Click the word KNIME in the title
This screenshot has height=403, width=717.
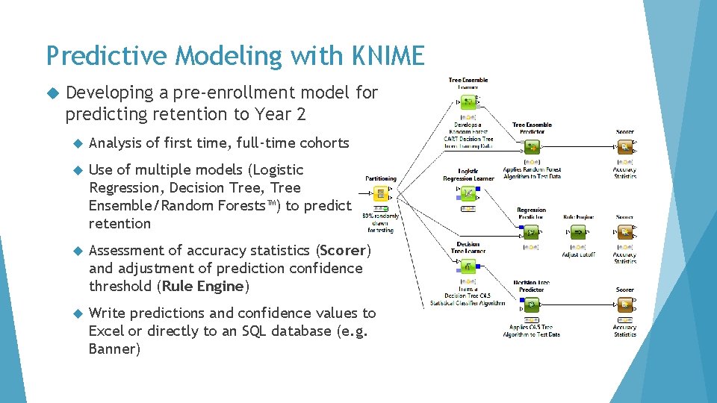point(385,55)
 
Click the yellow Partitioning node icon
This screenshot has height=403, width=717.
point(381,195)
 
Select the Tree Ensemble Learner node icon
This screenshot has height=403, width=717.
point(468,101)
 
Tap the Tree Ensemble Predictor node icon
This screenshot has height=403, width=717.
point(532,147)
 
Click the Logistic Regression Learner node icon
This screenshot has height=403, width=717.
point(468,194)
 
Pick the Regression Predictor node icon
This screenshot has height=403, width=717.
point(531,232)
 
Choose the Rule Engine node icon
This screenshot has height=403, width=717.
point(578,232)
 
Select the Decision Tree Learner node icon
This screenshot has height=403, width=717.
point(468,267)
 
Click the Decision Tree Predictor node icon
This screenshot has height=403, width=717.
point(531,304)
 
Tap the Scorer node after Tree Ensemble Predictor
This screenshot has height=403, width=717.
point(625,147)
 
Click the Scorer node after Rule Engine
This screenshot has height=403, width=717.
point(625,232)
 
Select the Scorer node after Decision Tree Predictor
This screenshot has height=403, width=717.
point(625,304)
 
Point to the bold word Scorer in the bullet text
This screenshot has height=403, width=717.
point(344,250)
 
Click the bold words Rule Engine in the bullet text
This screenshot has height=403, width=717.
point(205,286)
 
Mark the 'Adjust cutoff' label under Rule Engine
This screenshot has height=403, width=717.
point(578,254)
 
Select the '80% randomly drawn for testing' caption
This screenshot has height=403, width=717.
point(381,223)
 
